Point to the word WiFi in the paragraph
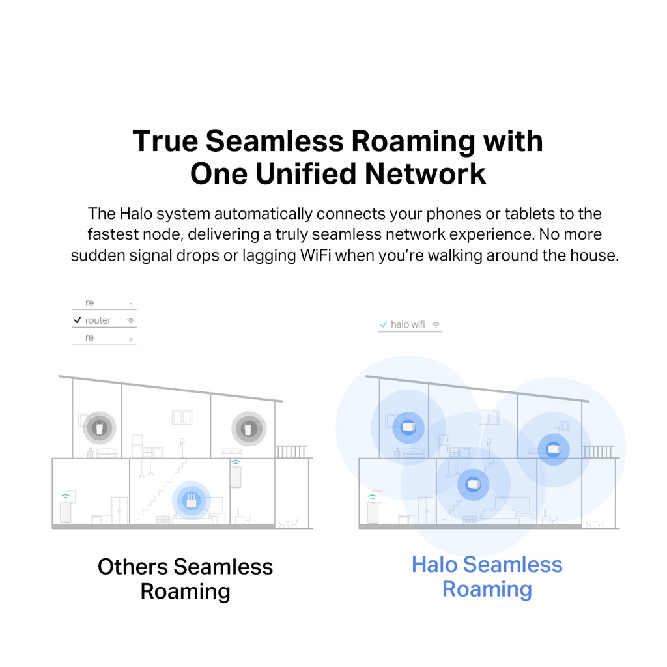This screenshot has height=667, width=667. (315, 255)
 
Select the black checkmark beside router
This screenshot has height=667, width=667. (78, 320)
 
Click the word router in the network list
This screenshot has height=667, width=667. (98, 320)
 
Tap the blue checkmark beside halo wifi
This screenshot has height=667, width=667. (384, 324)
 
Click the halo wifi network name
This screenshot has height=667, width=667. (408, 324)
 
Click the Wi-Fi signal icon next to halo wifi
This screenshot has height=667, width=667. (436, 324)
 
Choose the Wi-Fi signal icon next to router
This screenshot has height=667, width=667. (130, 320)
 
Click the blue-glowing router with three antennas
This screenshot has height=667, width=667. (192, 501)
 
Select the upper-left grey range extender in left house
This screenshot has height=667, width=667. (100, 428)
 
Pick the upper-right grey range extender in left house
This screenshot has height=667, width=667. (248, 429)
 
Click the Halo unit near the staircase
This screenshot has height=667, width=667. (473, 485)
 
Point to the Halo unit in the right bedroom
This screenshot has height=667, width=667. (553, 449)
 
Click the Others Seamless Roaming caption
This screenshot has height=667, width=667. (185, 578)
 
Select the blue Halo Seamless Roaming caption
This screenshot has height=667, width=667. (487, 576)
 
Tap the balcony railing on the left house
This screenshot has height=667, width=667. (291, 451)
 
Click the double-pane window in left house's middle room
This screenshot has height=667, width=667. (182, 418)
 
